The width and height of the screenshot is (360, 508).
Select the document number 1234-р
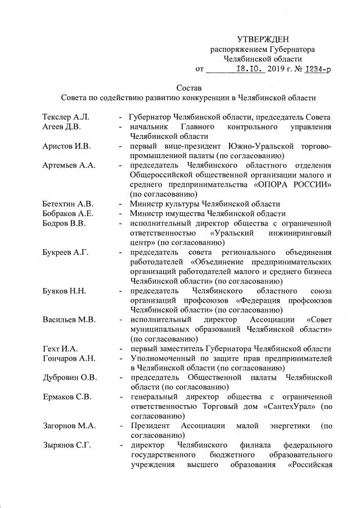pyautogui.click(x=318, y=69)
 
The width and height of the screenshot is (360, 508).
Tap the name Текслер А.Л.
pyautogui.click(x=66, y=117)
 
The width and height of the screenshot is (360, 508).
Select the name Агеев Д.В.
pyautogui.click(x=61, y=127)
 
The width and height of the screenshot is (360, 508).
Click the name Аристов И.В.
pyautogui.click(x=65, y=146)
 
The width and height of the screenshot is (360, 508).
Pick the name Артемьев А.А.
pyautogui.click(x=68, y=165)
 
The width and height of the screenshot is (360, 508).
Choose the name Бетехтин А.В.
pyautogui.click(x=68, y=204)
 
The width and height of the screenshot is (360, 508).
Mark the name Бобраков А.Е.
pyautogui.click(x=68, y=213)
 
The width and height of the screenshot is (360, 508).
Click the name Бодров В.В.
pyautogui.click(x=63, y=223)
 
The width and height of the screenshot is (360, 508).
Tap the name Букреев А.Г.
pyautogui.click(x=66, y=252)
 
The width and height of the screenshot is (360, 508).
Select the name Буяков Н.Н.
pyautogui.click(x=64, y=291)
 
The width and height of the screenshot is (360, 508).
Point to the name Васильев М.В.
pyautogui.click(x=69, y=320)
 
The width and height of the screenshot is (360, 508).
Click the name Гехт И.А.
pyautogui.click(x=60, y=349)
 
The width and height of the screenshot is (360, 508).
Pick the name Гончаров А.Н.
pyautogui.click(x=69, y=359)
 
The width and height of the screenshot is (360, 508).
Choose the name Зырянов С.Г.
pyautogui.click(x=66, y=446)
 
